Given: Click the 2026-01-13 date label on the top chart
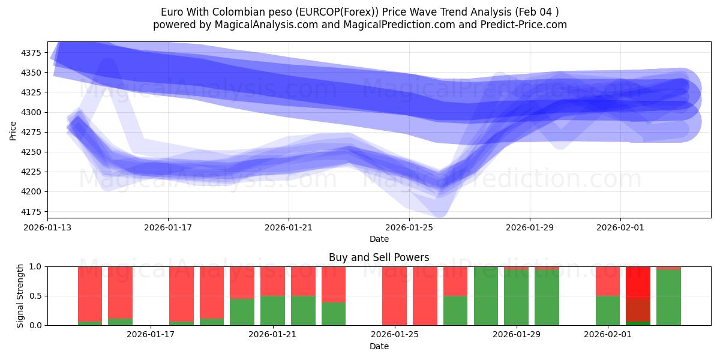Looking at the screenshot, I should [x=48, y=227].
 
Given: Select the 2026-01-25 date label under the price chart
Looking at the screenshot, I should [x=409, y=227].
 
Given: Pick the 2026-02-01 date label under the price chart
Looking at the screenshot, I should [x=620, y=227].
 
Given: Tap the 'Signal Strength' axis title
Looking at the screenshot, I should [x=20, y=296].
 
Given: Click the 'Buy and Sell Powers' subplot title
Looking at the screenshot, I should [x=379, y=257].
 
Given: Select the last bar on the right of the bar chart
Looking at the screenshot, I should [x=668, y=296].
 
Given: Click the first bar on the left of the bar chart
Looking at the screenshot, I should [x=90, y=296].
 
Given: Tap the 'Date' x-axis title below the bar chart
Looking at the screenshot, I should [x=379, y=346].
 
